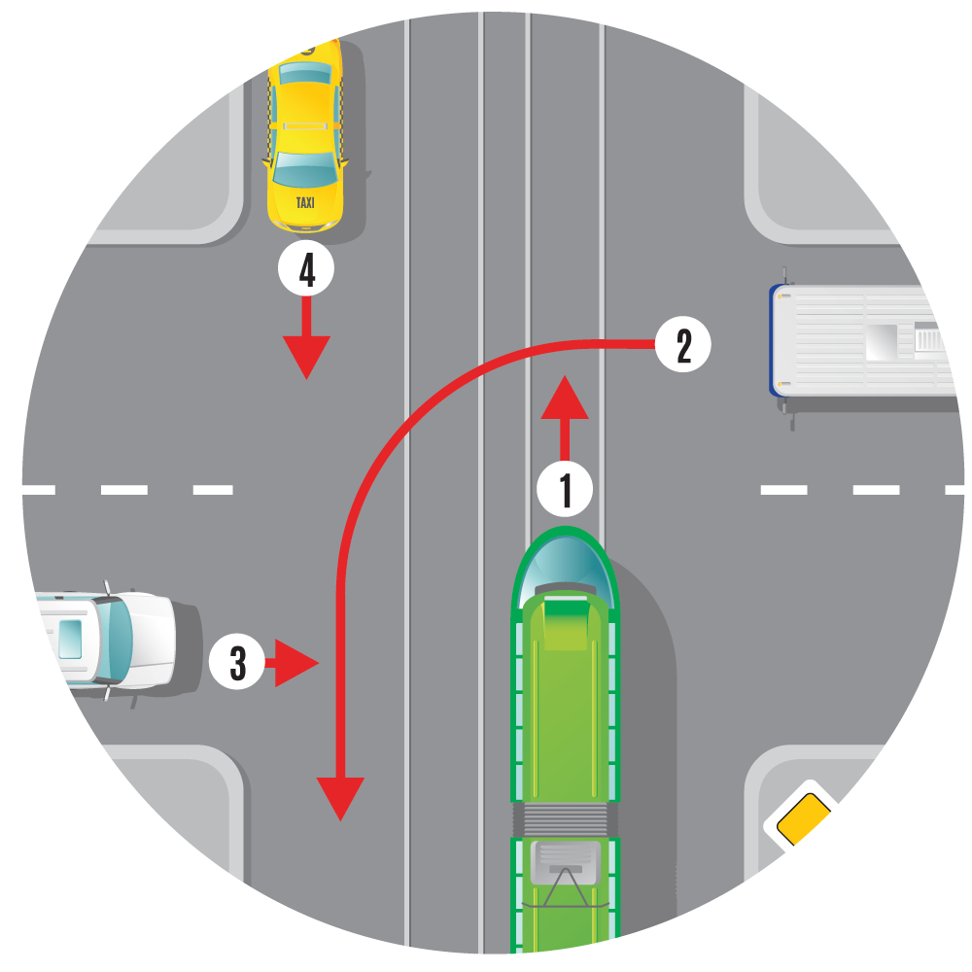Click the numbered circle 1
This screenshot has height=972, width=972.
[x=565, y=489]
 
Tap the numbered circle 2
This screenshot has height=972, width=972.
[x=683, y=344]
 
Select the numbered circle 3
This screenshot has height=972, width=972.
[x=237, y=661]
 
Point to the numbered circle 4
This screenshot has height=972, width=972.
[x=306, y=268]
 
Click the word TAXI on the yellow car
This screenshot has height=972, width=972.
[x=305, y=203]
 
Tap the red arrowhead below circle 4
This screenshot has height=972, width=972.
[x=306, y=358]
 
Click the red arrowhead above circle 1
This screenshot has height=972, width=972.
[x=565, y=398]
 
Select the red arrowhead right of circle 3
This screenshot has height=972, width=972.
[x=296, y=663]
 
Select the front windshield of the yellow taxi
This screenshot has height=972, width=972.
[x=305, y=168]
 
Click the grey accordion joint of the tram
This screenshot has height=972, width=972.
[x=565, y=819]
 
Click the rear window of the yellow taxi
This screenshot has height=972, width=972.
[x=305, y=74]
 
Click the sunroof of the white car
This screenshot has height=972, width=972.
[x=70, y=640]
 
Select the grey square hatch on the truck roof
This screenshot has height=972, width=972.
[x=881, y=341]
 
